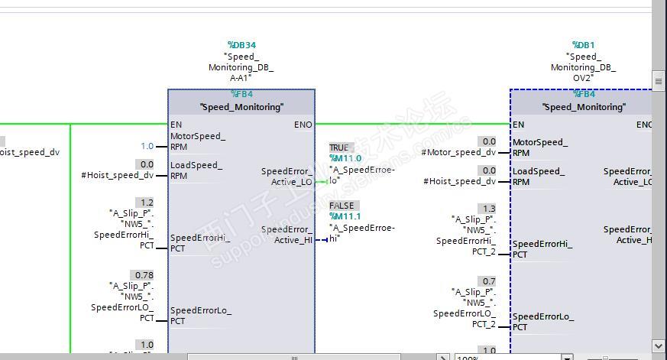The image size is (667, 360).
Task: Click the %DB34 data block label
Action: pos(241,45)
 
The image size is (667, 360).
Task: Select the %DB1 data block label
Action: pos(584,45)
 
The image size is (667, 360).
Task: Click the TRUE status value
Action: pos(338,148)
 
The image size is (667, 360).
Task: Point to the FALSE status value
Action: pos(341,206)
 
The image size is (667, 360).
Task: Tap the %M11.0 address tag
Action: pos(345,158)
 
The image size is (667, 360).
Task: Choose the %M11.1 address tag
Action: pos(345,216)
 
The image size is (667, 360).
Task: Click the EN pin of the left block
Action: pos(176,124)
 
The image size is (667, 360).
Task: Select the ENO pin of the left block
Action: pos(303,124)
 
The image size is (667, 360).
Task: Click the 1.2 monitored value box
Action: pos(145,203)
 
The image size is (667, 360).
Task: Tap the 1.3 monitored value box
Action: pos(487,208)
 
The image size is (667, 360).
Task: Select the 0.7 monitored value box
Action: pos(487,281)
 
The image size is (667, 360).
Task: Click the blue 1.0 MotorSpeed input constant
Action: pos(147,146)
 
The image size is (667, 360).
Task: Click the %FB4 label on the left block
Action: pos(241,94)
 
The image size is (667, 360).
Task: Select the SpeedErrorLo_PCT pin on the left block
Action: pos(200,316)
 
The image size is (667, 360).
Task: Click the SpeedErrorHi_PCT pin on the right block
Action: pos(542,249)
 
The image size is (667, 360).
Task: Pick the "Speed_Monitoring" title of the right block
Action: pos(584,107)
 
